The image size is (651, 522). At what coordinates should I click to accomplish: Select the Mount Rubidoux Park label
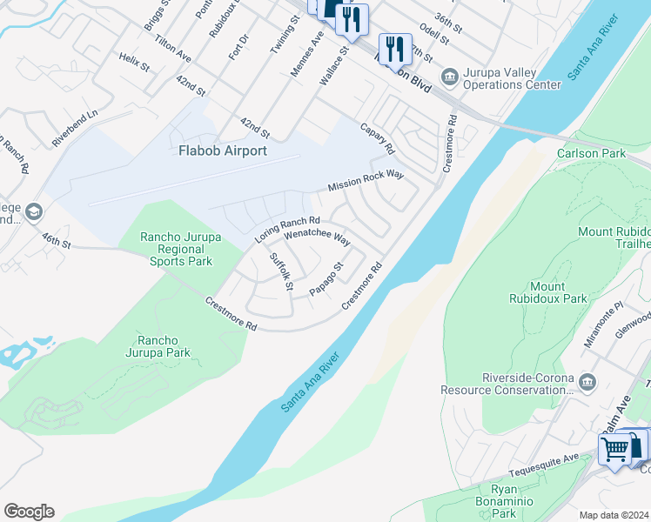(559, 292)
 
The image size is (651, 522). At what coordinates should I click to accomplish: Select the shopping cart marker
(615, 449)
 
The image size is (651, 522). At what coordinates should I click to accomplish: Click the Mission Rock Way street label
(366, 182)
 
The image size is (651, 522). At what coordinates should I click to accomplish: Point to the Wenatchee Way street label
(317, 236)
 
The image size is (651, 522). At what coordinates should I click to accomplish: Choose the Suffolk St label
(282, 271)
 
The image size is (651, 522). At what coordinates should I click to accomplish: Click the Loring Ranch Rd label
(287, 229)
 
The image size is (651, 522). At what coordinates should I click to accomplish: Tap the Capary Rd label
(378, 135)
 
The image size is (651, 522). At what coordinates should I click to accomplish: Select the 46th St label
(55, 241)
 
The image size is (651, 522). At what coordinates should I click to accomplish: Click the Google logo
(29, 512)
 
